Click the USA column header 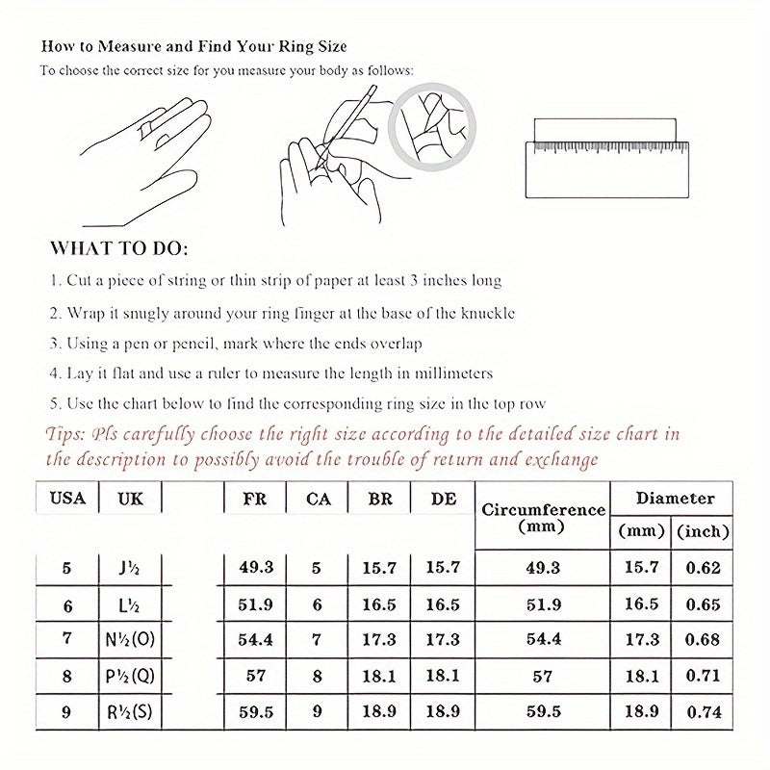click(66, 499)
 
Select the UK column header click(132, 499)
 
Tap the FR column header click(255, 499)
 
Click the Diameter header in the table click(675, 499)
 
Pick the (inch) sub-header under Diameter click(704, 530)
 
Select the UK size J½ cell click(132, 568)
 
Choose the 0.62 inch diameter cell click(704, 568)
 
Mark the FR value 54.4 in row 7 click(255, 639)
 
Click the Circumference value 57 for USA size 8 click(542, 676)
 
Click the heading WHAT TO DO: click(118, 248)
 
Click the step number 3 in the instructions click(55, 344)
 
